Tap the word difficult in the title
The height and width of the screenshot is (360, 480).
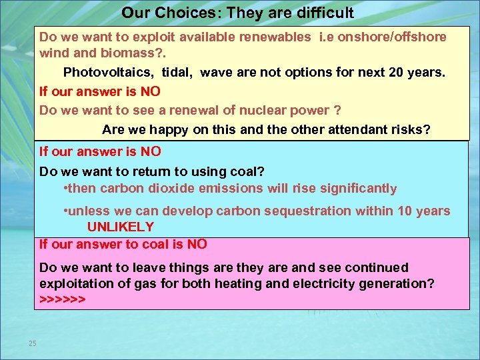click(319, 13)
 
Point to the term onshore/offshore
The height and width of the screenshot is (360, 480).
click(392, 37)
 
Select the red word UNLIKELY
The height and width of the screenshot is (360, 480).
click(121, 227)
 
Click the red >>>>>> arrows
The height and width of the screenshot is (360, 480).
click(62, 299)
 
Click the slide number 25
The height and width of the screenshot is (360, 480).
click(32, 343)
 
